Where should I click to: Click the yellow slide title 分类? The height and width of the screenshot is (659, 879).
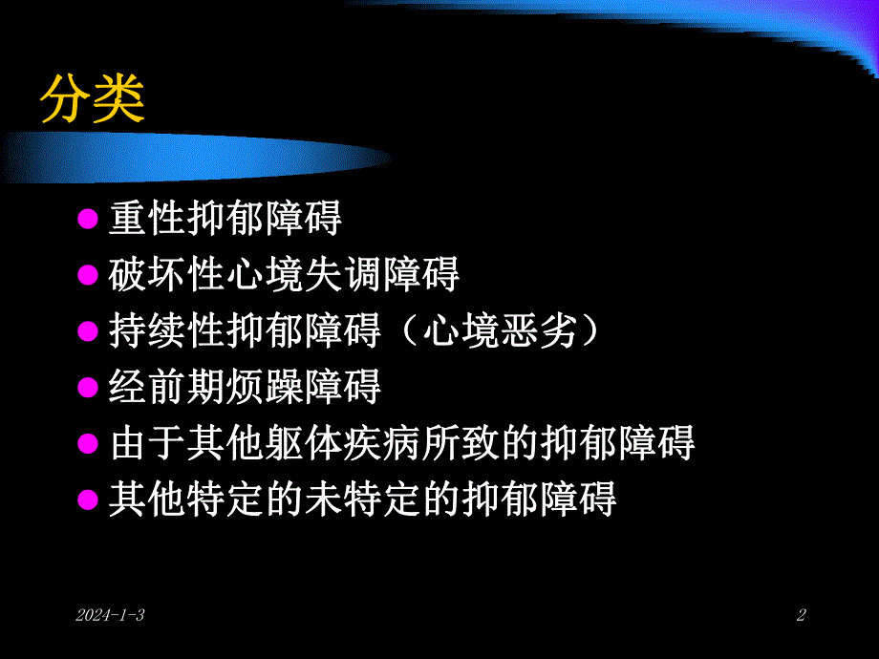(92, 98)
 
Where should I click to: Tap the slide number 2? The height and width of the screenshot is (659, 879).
(801, 616)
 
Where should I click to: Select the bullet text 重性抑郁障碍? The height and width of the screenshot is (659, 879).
(225, 220)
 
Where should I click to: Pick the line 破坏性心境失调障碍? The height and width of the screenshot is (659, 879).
(285, 275)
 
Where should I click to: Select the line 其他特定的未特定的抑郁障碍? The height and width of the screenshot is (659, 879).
(363, 499)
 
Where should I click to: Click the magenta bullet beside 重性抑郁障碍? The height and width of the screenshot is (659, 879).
(88, 221)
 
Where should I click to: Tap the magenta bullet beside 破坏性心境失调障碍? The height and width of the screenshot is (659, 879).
(88, 276)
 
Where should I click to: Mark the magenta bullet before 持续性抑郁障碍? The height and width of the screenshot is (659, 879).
(88, 332)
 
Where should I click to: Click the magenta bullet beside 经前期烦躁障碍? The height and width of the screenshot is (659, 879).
(88, 388)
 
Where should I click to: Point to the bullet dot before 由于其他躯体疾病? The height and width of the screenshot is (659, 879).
(88, 443)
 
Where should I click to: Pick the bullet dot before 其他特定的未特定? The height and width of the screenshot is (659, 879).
(88, 500)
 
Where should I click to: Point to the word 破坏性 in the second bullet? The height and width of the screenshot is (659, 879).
(167, 275)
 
